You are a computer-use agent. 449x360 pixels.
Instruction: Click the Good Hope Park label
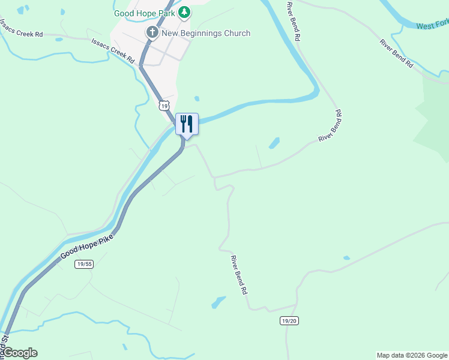pyautogui.click(x=146, y=13)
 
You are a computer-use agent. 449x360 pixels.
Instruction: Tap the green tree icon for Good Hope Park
pyautogui.click(x=185, y=12)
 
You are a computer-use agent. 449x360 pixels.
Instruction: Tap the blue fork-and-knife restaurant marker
pyautogui.click(x=187, y=124)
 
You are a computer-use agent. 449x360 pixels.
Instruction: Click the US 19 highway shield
pyautogui.click(x=164, y=106)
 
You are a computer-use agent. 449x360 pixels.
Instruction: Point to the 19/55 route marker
pyautogui.click(x=85, y=263)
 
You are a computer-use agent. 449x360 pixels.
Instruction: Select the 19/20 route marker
pyautogui.click(x=289, y=321)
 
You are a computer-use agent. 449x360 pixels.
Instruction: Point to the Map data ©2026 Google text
pyautogui.click(x=412, y=355)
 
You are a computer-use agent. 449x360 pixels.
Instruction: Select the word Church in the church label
pyautogui.click(x=237, y=33)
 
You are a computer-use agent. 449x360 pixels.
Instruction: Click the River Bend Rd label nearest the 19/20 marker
pyautogui.click(x=239, y=274)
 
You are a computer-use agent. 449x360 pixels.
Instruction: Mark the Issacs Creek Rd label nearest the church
pyautogui.click(x=112, y=50)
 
